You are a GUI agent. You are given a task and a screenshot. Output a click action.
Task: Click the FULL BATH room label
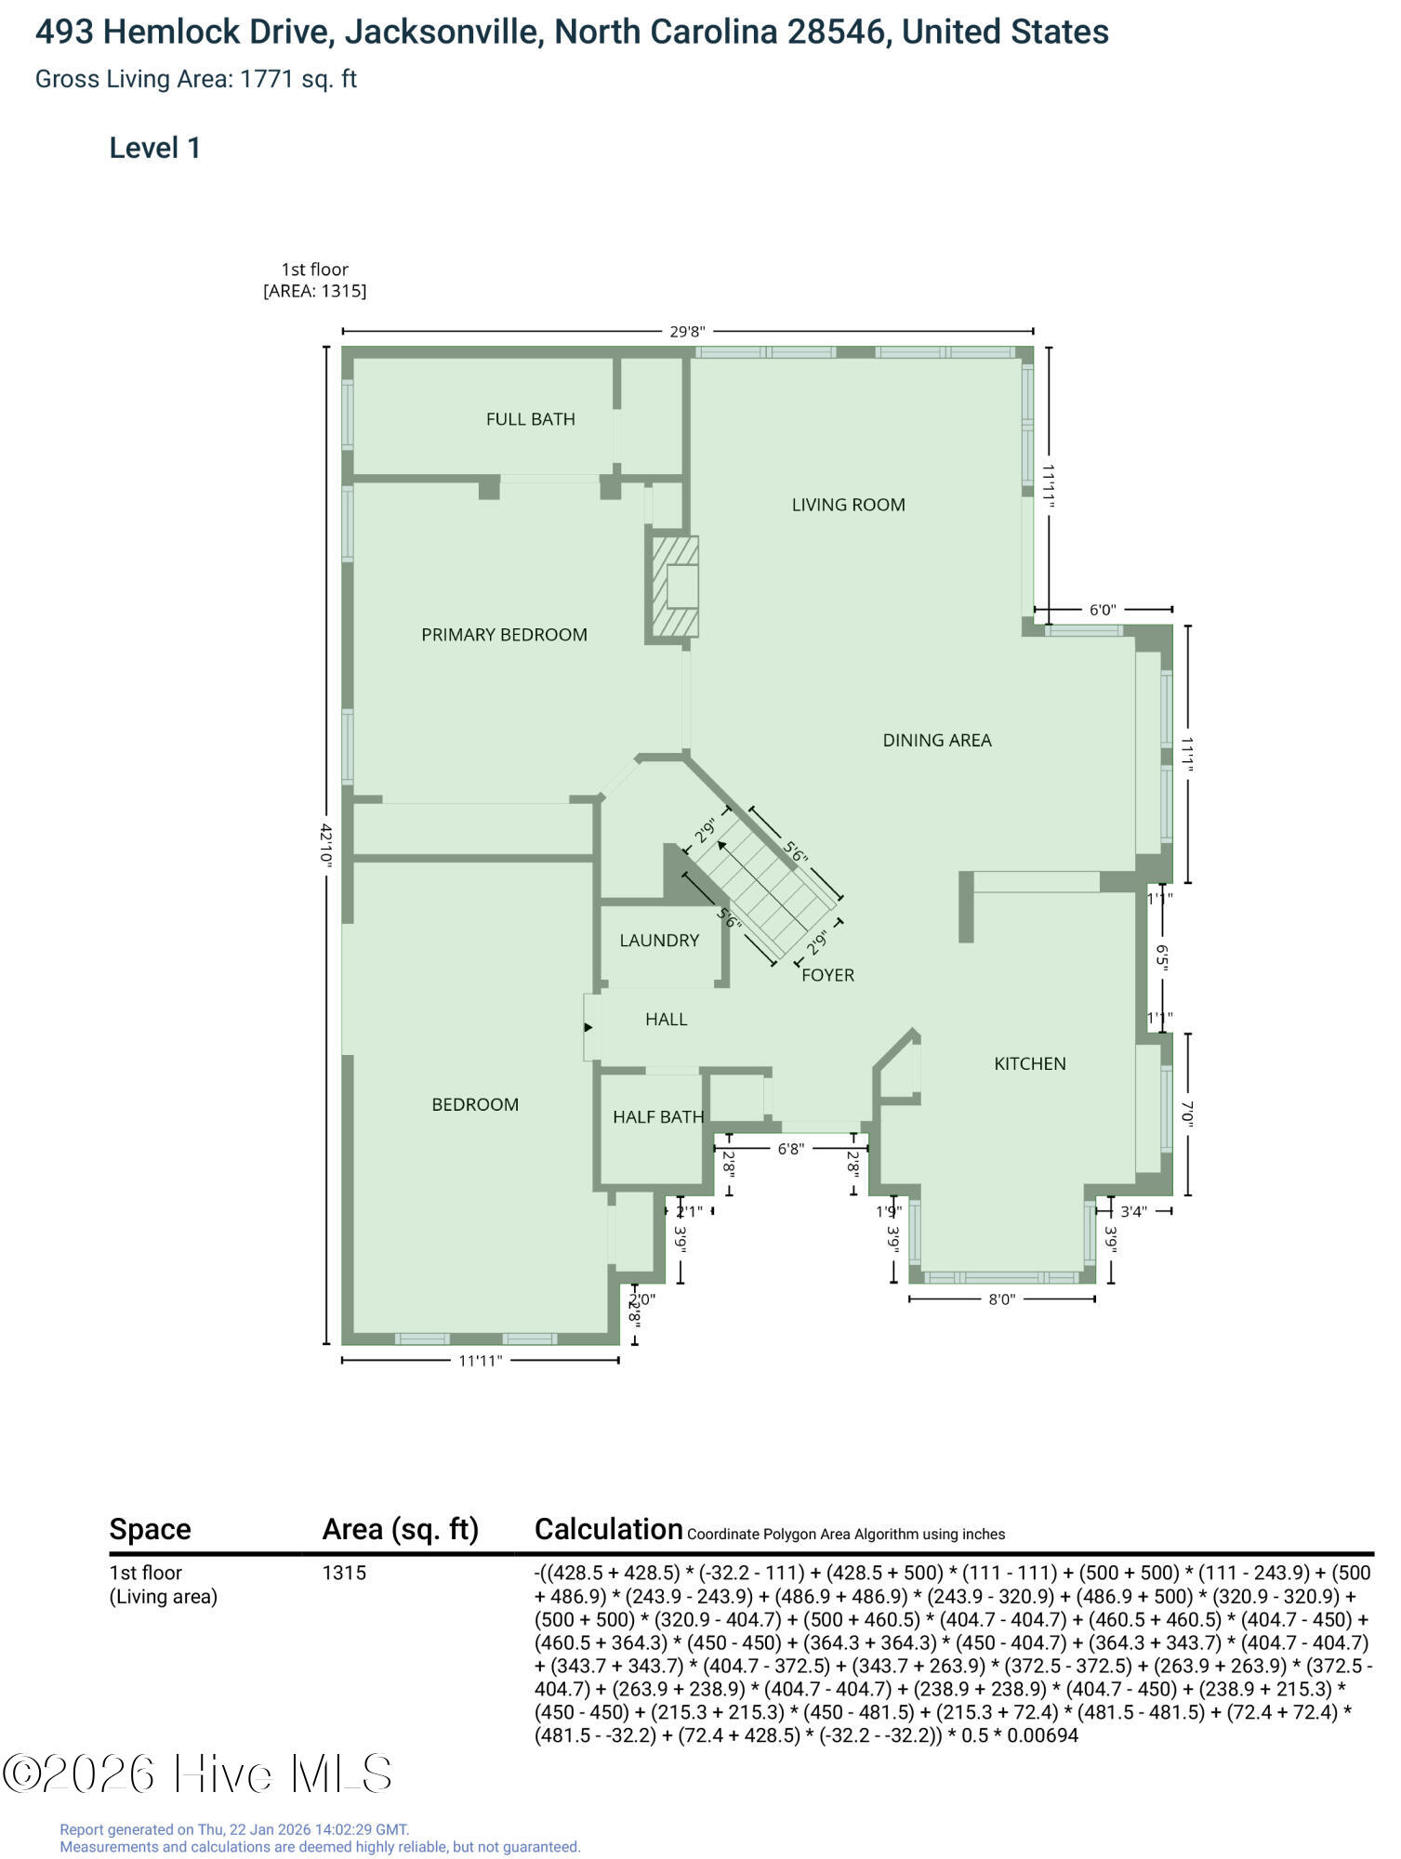530,419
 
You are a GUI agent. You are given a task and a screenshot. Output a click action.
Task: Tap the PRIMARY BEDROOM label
504,635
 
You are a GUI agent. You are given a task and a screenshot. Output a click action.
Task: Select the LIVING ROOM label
848,505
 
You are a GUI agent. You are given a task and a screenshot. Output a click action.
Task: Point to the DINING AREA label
937,740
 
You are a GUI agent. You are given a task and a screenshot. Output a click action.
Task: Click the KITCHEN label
1030,1063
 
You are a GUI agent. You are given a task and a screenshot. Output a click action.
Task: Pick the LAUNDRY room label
659,940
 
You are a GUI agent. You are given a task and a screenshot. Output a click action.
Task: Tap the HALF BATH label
658,1116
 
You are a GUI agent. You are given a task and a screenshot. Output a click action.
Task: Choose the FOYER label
827,975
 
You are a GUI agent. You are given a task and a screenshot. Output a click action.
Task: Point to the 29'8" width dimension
688,332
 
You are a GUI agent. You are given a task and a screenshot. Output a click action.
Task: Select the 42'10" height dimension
325,844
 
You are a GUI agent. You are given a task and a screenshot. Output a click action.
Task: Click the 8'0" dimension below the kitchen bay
1001,1299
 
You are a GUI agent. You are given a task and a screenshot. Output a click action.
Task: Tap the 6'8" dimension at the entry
790,1149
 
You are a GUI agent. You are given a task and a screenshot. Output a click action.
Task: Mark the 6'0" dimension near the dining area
1102,610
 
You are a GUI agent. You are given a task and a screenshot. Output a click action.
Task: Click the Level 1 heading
155,148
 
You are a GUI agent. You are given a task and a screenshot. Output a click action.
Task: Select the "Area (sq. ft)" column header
400,1529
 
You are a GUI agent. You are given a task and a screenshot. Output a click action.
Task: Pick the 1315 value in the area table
344,1573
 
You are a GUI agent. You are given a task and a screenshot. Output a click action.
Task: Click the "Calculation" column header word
608,1529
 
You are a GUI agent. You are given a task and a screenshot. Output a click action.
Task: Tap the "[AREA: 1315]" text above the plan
315,291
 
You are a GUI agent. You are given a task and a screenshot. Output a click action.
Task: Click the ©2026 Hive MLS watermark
197,1773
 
